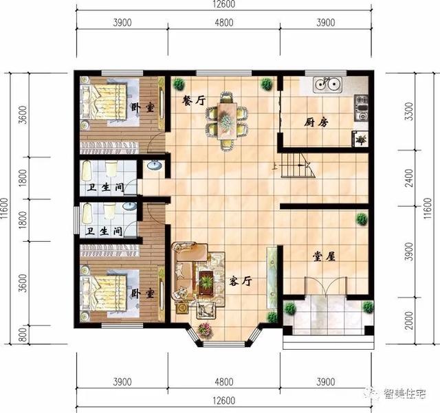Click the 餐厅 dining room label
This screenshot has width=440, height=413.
(x=193, y=100)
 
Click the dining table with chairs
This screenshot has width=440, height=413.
(x=225, y=120)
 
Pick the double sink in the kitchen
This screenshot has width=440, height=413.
(x=329, y=86)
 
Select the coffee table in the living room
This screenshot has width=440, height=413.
(x=206, y=280)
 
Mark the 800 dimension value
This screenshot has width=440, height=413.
(x=23, y=335)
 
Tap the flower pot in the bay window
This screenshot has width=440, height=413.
(x=204, y=330)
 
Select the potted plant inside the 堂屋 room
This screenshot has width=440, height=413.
(x=361, y=220)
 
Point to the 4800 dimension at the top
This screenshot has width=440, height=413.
(x=224, y=23)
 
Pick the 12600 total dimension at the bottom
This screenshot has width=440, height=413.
(x=224, y=401)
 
